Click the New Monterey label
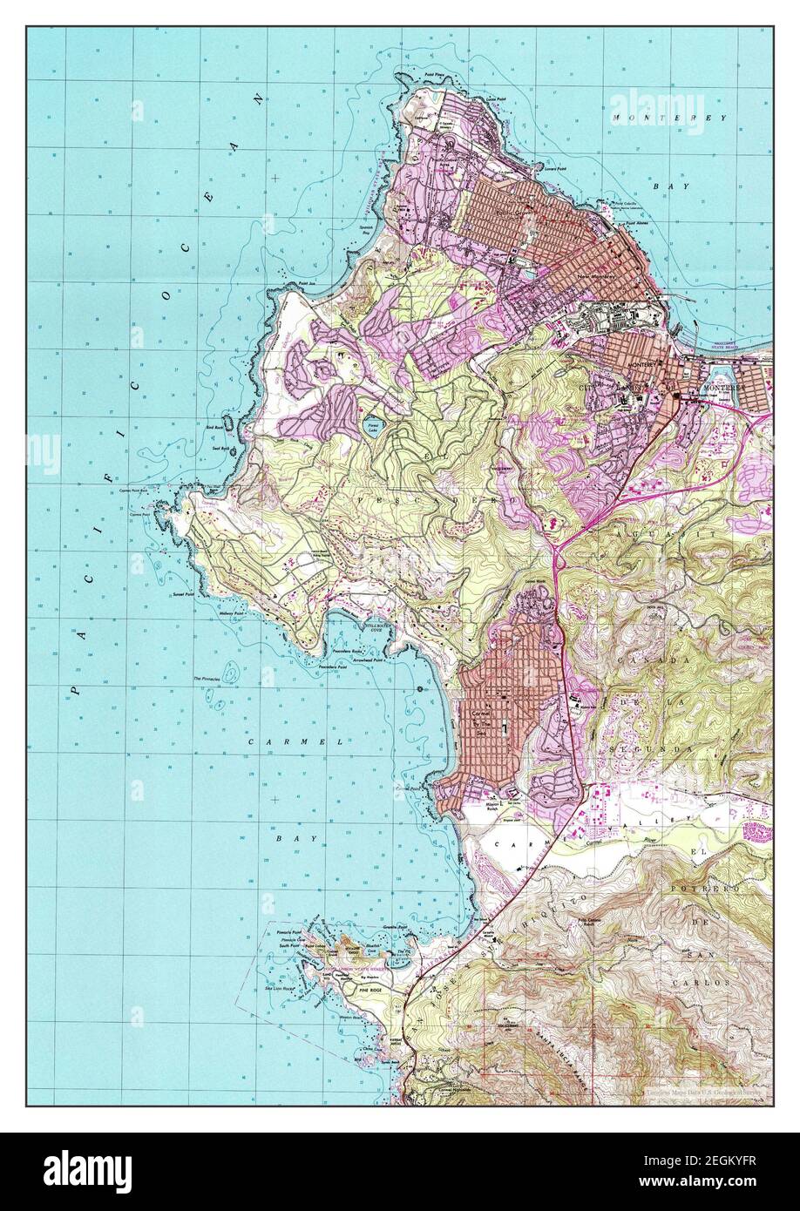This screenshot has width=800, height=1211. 595,277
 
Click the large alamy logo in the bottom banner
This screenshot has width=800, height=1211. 91,1167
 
